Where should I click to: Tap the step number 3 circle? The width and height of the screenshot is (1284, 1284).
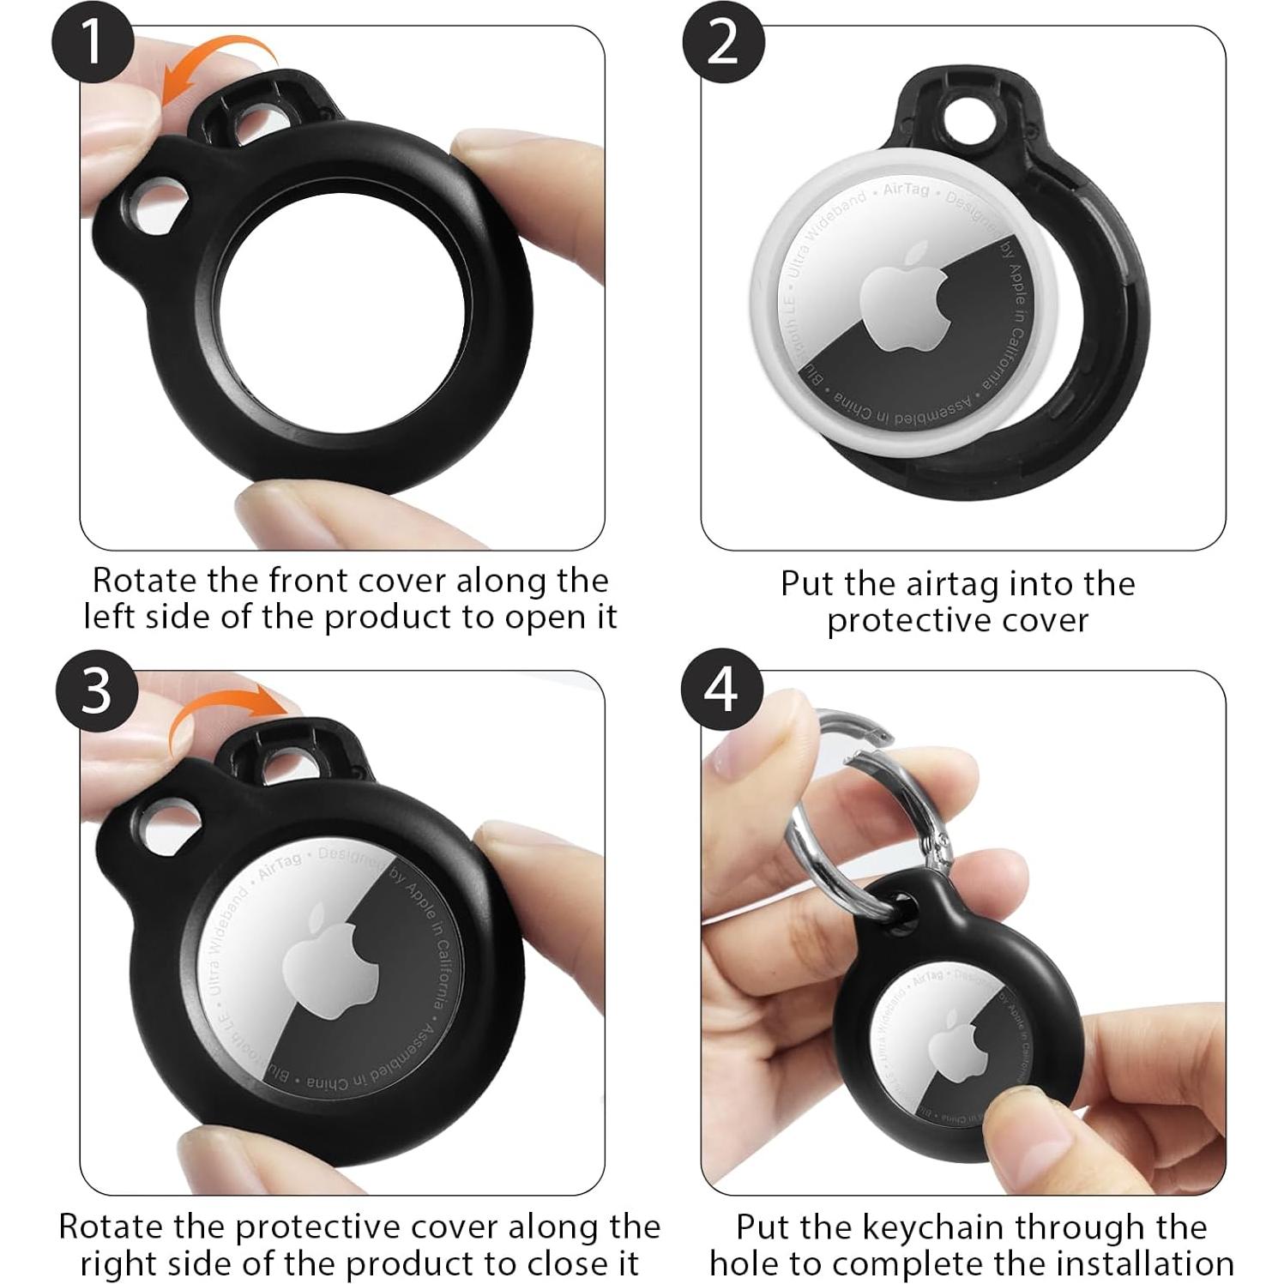click(96, 690)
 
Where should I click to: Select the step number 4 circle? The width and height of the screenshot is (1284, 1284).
click(721, 689)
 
